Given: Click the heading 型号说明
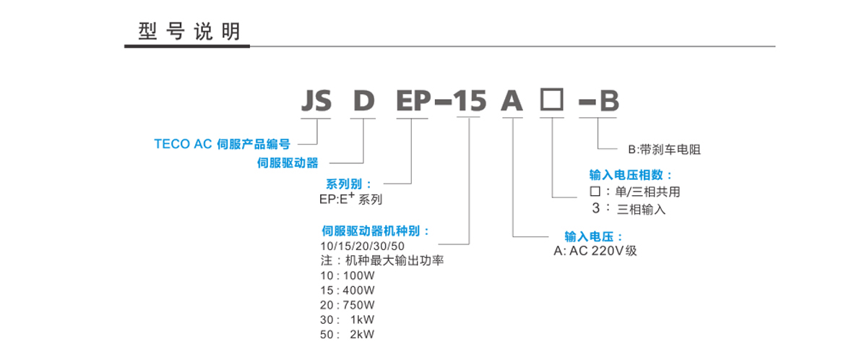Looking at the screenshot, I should tap(189, 32).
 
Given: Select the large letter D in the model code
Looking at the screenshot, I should tap(363, 101).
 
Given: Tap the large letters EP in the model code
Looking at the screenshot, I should tap(413, 101).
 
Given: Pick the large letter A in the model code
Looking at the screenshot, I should tap(512, 101).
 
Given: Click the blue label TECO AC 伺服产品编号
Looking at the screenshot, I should tap(222, 144).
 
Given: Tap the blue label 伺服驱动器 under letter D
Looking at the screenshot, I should tap(288, 163).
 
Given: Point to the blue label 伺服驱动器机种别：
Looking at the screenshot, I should tap(376, 231).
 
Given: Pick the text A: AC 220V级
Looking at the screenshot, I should tap(595, 251).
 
